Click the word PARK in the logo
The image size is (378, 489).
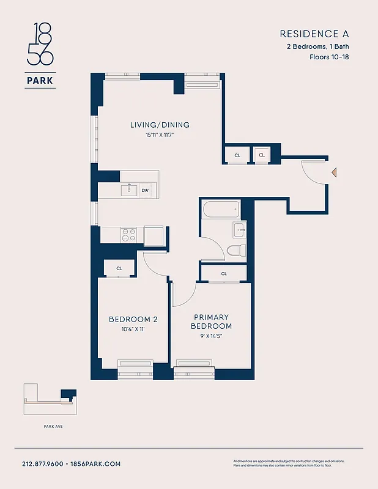40,79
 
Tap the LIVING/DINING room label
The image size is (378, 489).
160,125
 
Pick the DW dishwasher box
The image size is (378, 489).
145,191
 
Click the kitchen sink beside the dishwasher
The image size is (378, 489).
129,190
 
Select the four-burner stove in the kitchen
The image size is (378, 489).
129,235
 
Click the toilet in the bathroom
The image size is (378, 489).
235,250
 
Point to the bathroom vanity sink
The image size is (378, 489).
239,230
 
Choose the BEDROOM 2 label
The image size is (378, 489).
133,320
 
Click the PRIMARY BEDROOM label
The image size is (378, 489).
212,322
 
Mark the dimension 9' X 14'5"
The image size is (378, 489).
212,336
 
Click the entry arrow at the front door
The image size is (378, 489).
333,174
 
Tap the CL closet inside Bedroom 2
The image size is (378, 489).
119,268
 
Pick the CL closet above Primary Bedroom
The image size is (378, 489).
224,273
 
